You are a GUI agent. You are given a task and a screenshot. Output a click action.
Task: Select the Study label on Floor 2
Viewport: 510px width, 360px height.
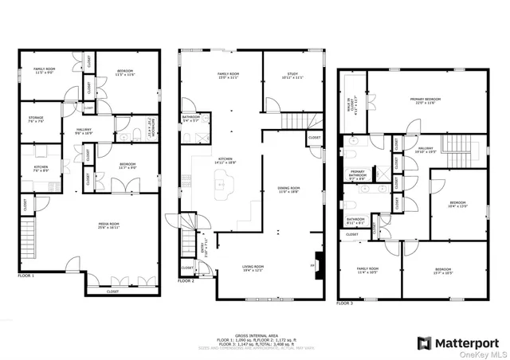pyautogui.click(x=292, y=76)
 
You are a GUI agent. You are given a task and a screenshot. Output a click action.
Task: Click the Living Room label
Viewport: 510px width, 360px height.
pyautogui.click(x=253, y=269)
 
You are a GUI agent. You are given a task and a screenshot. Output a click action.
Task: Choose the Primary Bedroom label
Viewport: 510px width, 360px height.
pyautogui.click(x=426, y=100)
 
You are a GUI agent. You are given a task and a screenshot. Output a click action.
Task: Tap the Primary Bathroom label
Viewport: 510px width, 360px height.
pyautogui.click(x=356, y=177)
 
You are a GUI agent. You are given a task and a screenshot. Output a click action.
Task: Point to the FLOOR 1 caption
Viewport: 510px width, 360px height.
pyautogui.click(x=26, y=276)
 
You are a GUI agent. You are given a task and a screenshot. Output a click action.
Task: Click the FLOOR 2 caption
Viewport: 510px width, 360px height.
pyautogui.click(x=186, y=281)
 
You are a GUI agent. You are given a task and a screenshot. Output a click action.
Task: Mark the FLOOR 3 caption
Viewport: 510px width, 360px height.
pyautogui.click(x=344, y=303)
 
